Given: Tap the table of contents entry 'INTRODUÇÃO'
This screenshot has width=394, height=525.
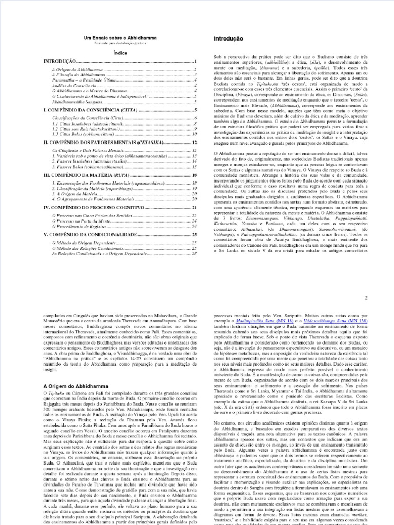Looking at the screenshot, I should click(60, 61).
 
